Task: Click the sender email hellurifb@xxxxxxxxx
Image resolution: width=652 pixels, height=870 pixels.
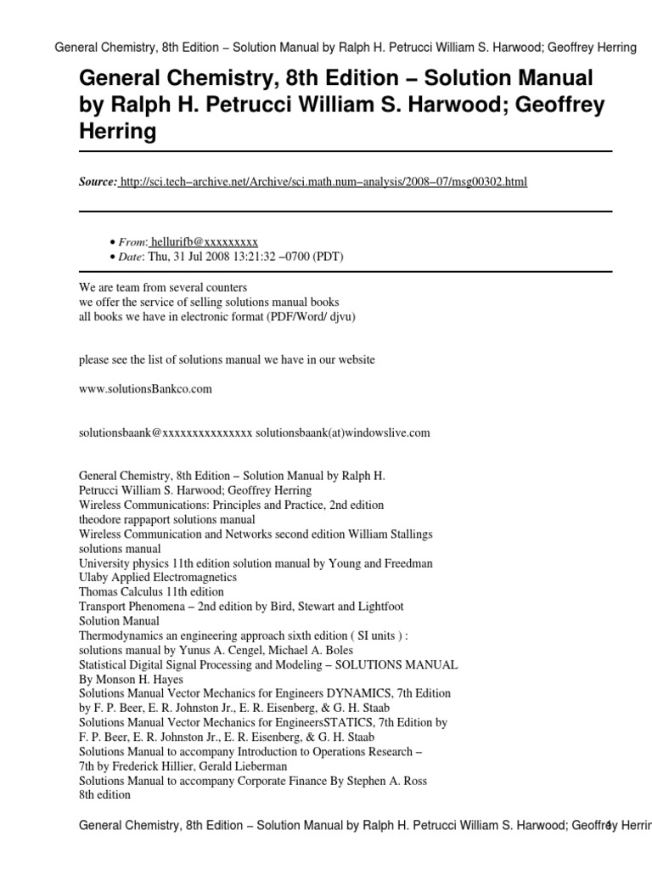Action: (204, 242)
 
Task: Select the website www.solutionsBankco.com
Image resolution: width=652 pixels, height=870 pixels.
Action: (144, 389)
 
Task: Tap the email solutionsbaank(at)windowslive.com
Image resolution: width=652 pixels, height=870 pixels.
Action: (343, 432)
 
